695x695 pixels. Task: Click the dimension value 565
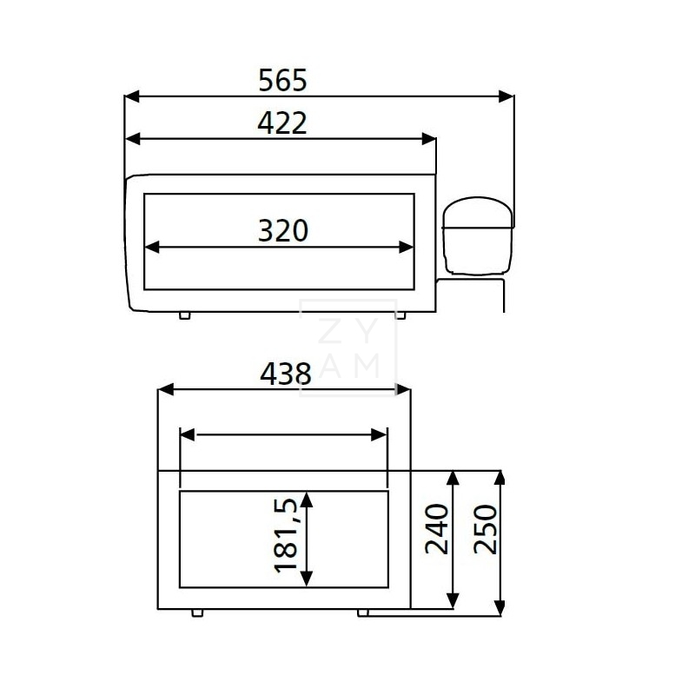coord(283,81)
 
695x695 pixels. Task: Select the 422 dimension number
coord(282,123)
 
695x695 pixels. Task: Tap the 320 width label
coord(283,231)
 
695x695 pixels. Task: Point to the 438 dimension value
coord(285,374)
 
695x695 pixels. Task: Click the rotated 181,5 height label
coord(286,534)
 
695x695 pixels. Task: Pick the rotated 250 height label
coord(486,529)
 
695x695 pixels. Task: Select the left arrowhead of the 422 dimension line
coord(134,138)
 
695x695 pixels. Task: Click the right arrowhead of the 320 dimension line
coord(406,247)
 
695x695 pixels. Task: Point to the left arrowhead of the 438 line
coord(165,390)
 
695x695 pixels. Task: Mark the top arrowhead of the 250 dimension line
coord(500,479)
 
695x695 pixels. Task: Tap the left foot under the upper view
coord(184,315)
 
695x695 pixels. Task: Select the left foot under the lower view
coord(198,612)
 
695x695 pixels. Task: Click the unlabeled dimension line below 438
coord(283,435)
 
